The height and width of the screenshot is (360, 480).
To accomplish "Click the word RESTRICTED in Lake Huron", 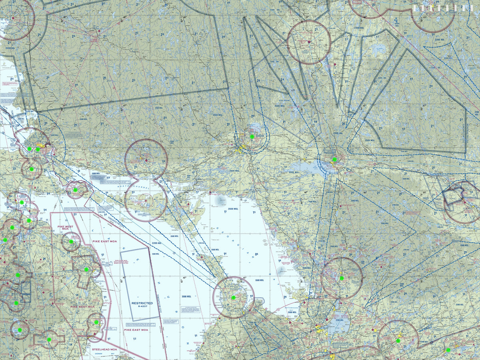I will point(142,303).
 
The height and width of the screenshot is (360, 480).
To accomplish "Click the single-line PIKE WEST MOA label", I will point(82,306).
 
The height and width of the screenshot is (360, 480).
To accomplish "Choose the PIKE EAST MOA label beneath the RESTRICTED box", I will point(136,330).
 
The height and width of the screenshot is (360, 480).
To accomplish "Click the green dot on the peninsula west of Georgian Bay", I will point(233,297).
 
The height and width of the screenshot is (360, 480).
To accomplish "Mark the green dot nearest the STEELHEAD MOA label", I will point(96,322).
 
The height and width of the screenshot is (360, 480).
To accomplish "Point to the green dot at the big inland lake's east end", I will point(334,159).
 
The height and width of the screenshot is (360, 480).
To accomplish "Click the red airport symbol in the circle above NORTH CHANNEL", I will point(146,161).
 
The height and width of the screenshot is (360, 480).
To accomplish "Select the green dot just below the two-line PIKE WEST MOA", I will point(71,241).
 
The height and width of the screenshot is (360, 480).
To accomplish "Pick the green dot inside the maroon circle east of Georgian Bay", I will point(341,278).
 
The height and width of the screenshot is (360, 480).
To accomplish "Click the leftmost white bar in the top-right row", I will point(414,8).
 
